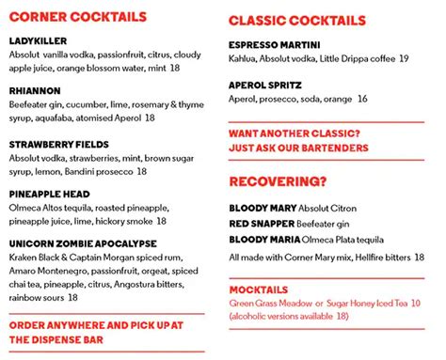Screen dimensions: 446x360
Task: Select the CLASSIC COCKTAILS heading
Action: pyautogui.click(x=296, y=20)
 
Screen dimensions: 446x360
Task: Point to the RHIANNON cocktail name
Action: pyautogui.click(x=36, y=91)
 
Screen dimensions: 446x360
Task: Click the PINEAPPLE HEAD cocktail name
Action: pyautogui.click(x=51, y=194)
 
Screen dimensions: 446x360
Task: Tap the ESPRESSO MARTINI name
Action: pyautogui.click(x=274, y=44)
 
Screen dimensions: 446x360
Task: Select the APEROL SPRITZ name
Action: pyautogui.click(x=266, y=85)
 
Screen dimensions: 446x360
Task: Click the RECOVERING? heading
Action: pyautogui.click(x=279, y=180)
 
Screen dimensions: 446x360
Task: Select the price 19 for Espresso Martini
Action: pyautogui.click(x=403, y=58)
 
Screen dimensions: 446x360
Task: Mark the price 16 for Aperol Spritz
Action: pyautogui.click(x=362, y=99)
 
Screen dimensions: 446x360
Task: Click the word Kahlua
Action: pyautogui.click(x=245, y=58)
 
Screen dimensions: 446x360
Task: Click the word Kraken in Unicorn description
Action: pyautogui.click(x=24, y=257)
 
